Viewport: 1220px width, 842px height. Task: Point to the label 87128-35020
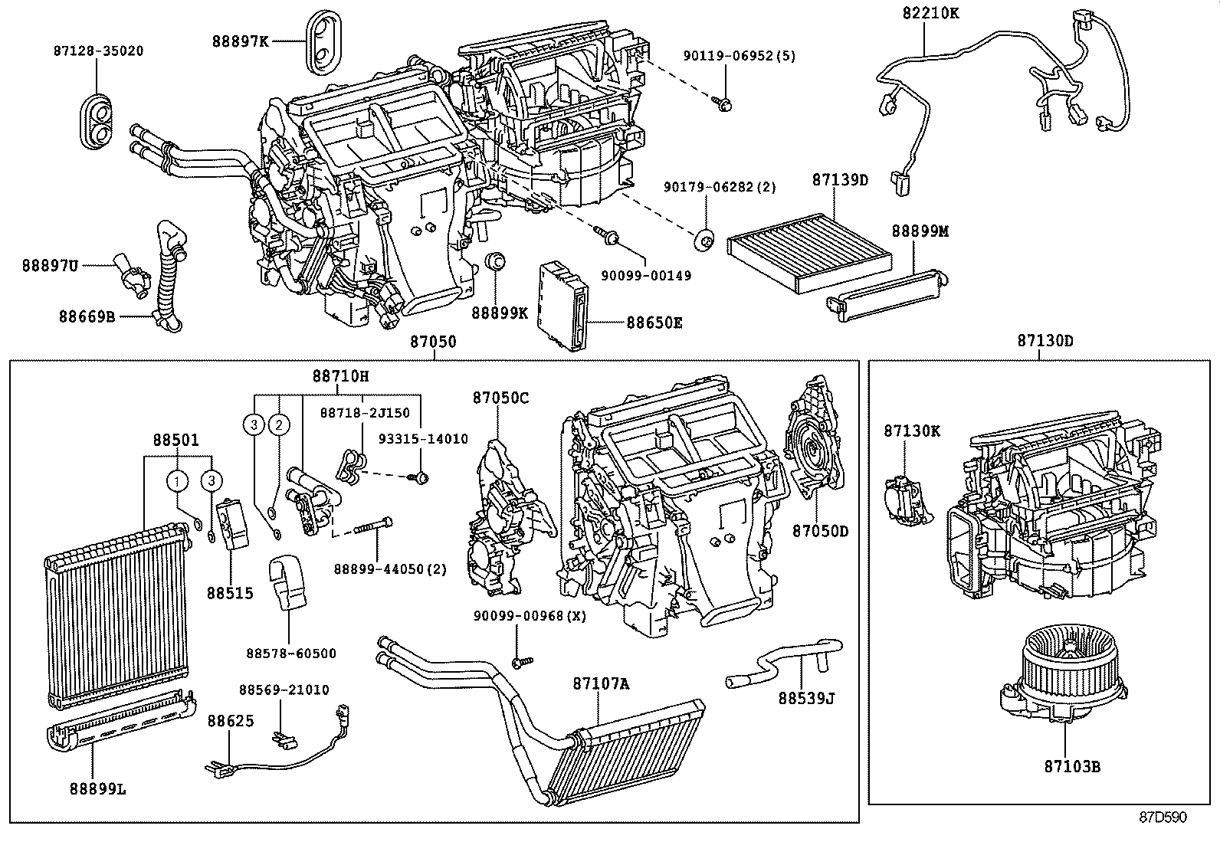click(x=98, y=51)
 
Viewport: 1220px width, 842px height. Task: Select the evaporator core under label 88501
click(x=115, y=613)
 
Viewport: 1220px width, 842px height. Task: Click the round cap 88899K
click(x=496, y=261)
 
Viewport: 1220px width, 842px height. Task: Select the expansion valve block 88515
click(x=233, y=524)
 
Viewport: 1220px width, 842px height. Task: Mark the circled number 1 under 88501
click(x=178, y=480)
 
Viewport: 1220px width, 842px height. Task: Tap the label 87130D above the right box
click(x=1045, y=341)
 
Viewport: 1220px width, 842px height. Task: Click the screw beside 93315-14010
click(x=420, y=477)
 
